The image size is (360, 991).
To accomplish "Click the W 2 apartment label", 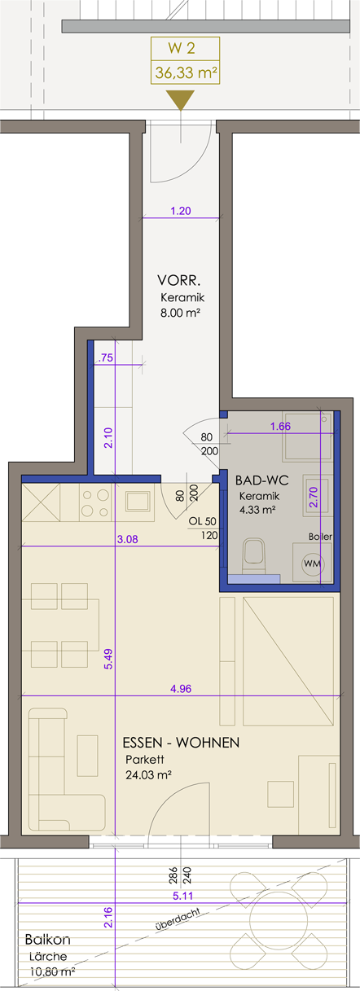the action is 182,48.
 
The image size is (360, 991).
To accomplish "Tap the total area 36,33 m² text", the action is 186,72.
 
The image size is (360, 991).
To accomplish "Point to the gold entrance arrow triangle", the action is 180,100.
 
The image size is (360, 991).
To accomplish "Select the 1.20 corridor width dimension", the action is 181,211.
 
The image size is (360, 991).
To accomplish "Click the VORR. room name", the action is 179,280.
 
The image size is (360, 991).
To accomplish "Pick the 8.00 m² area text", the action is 181,314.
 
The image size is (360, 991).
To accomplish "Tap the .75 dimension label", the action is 106,357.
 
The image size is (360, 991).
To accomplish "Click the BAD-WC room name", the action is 261,480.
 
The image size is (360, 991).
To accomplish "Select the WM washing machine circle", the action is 313,563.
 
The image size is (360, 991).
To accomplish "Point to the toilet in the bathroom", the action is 253,556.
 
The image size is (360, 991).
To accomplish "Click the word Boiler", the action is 320,536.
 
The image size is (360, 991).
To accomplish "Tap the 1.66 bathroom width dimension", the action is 280,426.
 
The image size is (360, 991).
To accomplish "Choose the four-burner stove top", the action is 95,502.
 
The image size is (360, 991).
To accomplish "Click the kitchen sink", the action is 139,502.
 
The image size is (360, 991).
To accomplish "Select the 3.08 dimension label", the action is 127,539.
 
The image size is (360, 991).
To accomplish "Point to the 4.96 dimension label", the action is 181,688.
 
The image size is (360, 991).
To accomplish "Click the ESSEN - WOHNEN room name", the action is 181,742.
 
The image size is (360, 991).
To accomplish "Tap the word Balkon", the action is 48,939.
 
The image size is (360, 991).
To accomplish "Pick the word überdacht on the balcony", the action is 178,919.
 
